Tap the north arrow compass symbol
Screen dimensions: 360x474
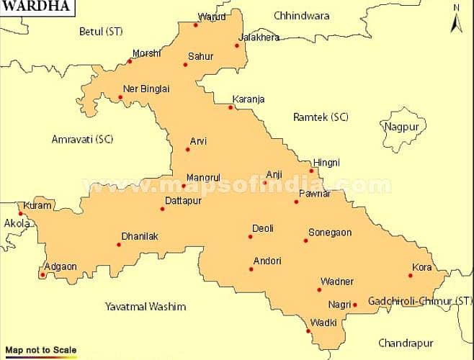coord(455,20)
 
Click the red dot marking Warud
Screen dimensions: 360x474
coord(196,25)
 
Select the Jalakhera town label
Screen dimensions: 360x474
coord(260,37)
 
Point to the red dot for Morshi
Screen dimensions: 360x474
coord(130,61)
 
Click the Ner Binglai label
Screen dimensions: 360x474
coord(146,89)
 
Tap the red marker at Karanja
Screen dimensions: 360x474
coord(231,108)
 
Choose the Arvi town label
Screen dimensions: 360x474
coord(198,141)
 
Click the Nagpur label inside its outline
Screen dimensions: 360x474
coord(402,127)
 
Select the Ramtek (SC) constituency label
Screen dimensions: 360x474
coord(321,117)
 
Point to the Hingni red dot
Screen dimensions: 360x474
coord(311,171)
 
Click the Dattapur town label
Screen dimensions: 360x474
coord(183,201)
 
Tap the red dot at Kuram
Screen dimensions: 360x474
coord(21,213)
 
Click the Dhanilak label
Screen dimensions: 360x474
coord(140,236)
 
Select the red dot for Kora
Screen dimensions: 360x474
coord(411,275)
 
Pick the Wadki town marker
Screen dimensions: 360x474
coord(308,331)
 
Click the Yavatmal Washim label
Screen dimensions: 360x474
coord(146,307)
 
